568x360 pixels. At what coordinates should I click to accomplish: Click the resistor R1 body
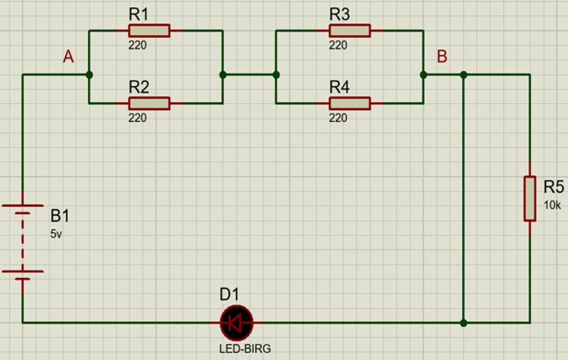tap(149, 30)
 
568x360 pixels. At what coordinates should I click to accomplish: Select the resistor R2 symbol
tap(149, 103)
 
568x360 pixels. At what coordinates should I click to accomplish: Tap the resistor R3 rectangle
tap(349, 30)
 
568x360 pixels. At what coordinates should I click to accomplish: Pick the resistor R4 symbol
tap(349, 103)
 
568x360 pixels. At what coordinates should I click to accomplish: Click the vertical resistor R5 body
tap(530, 198)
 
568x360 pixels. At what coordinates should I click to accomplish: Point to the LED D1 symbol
tap(237, 323)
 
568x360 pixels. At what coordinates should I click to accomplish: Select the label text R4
tap(339, 86)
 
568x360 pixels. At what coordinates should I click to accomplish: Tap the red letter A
tap(68, 58)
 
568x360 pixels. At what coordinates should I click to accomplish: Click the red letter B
tap(442, 57)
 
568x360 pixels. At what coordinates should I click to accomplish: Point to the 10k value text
tap(552, 206)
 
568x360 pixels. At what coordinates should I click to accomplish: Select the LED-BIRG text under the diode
tap(245, 348)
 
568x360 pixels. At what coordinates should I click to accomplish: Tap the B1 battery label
tap(60, 217)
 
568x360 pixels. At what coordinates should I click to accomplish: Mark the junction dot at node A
tap(89, 75)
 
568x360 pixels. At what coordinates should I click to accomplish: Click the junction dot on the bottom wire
tap(463, 323)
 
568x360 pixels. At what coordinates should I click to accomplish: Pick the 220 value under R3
tap(338, 46)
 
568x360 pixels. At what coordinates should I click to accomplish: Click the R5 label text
tap(554, 188)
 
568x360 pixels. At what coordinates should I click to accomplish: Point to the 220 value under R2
tap(138, 118)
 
